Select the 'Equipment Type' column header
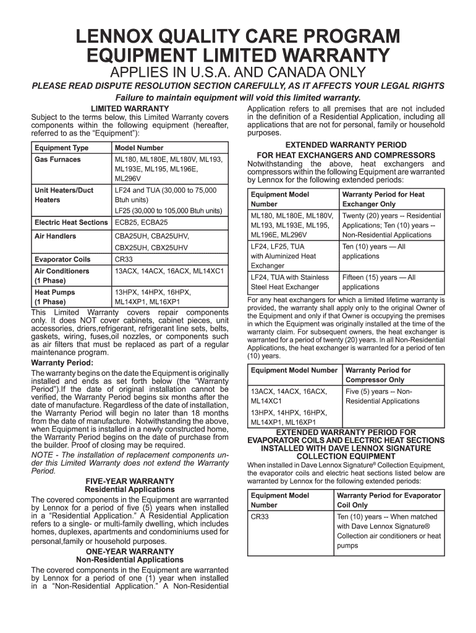[x=61, y=148]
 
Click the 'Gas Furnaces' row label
[x=57, y=159]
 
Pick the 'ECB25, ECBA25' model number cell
[x=141, y=222]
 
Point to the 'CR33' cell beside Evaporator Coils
[x=124, y=260]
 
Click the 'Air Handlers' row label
[x=56, y=236]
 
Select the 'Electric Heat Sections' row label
[x=71, y=222]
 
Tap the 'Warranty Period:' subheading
[x=62, y=362]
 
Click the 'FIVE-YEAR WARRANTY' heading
[x=129, y=481]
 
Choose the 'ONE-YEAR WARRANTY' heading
[x=129, y=551]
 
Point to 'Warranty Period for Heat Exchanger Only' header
[x=383, y=199]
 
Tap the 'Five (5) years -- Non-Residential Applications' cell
[x=382, y=396]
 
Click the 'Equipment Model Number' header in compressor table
[x=294, y=370]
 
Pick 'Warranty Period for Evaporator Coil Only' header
[x=389, y=500]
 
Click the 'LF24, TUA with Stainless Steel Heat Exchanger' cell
[x=289, y=282]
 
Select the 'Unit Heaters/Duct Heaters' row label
[x=64, y=195]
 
